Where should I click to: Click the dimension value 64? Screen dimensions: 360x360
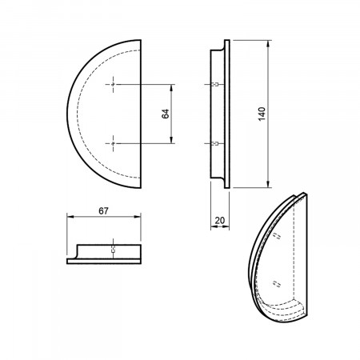coord(166,114)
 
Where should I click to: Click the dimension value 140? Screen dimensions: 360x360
coord(262,114)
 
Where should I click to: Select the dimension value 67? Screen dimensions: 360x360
coord(103,211)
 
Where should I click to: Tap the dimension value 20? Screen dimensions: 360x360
coord(220,221)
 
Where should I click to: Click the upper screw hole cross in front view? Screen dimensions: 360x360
coord(114,84)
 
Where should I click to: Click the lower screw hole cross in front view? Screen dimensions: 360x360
coord(114,143)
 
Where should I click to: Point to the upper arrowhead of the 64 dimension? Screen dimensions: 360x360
coord(171,87)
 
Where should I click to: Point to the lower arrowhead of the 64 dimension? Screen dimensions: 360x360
coord(171,140)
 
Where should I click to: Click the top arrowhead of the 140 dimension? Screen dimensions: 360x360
coord(268,43)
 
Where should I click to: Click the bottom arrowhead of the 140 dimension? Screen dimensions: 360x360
coord(268,184)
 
